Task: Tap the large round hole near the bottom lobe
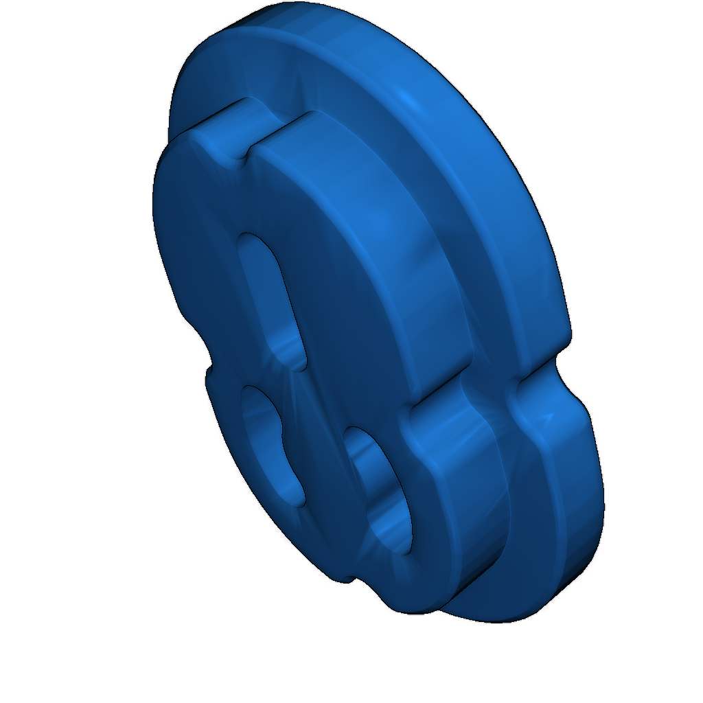tap(381, 487)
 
